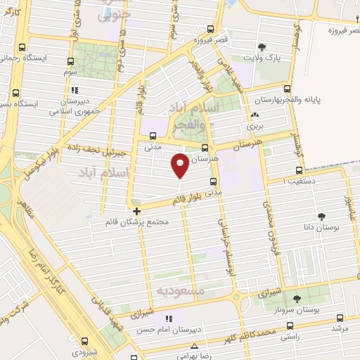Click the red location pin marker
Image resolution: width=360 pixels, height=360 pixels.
tap(181, 165)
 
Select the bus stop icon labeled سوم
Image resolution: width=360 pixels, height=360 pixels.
tap(70, 61)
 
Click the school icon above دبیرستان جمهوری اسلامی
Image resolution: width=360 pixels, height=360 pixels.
tap(74, 90)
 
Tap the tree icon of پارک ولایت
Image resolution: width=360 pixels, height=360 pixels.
tap(262, 45)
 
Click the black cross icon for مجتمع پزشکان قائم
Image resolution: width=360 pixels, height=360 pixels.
tap(136, 210)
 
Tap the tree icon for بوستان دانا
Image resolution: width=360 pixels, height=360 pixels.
tap(321, 217)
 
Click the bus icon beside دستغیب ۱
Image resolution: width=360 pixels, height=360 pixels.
tap(300, 169)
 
